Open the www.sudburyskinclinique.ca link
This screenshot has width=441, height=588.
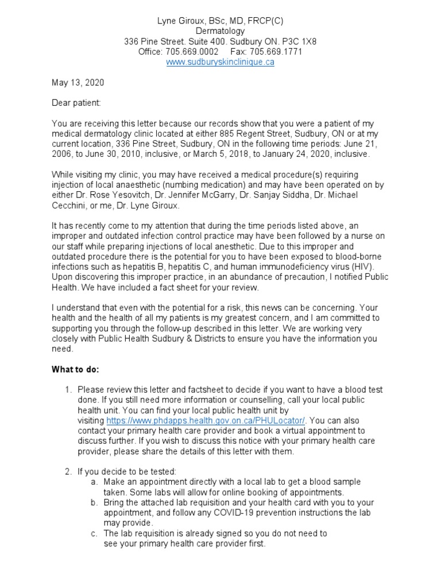click(x=220, y=62)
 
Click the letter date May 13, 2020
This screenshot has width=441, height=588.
click(x=78, y=83)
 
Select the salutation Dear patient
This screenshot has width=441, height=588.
click(x=76, y=103)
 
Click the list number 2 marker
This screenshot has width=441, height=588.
click(x=68, y=472)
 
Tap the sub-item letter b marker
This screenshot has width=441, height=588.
click(x=94, y=502)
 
